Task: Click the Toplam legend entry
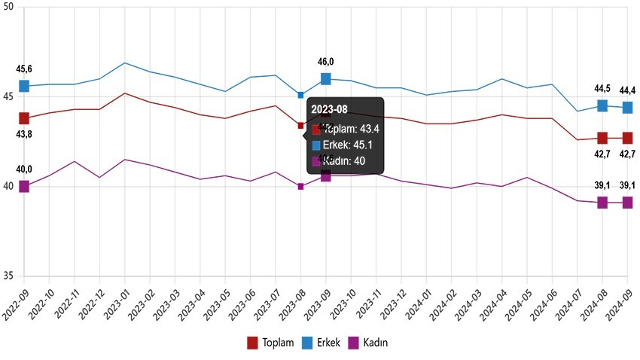click(271, 343)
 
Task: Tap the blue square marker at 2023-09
click(326, 78)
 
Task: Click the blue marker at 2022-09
click(24, 87)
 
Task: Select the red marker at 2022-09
click(24, 118)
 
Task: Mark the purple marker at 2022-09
click(24, 187)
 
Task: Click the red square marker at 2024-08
click(602, 138)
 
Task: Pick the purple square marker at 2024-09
click(627, 203)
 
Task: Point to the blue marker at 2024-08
click(602, 105)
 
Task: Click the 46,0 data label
click(325, 63)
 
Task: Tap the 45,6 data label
click(24, 69)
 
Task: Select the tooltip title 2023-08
click(330, 111)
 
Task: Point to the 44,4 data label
click(627, 91)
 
